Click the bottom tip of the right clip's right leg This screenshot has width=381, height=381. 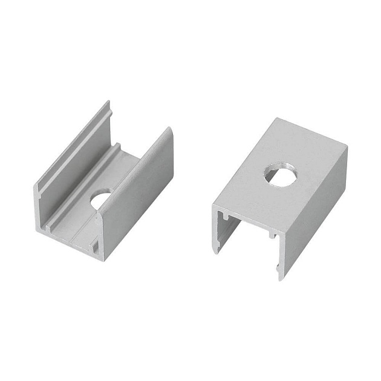(x=279, y=277)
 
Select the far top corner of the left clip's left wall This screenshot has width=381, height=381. (x=108, y=102)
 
